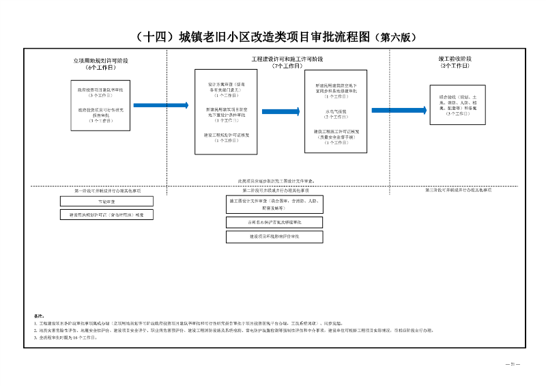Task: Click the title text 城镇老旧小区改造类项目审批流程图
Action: click(253, 37)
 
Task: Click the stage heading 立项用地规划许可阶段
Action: click(100, 61)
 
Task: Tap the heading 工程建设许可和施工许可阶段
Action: click(287, 59)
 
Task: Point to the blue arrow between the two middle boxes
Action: click(281, 111)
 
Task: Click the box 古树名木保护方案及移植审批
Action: click(274, 223)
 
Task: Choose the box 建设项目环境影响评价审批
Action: click(274, 236)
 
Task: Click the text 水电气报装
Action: click(335, 111)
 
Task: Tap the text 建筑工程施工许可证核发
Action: click(335, 131)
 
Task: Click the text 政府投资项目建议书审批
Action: click(100, 89)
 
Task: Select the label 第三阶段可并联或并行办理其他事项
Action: click(458, 189)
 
